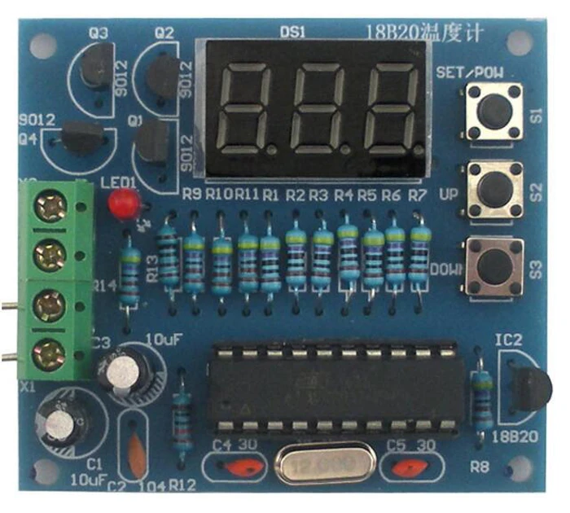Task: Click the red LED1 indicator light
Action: (x=122, y=203)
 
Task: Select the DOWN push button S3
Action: (x=493, y=265)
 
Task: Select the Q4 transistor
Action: (x=82, y=137)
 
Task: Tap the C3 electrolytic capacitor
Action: (x=124, y=373)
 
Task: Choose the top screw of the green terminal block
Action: (x=51, y=207)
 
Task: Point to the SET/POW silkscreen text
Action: (x=469, y=72)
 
